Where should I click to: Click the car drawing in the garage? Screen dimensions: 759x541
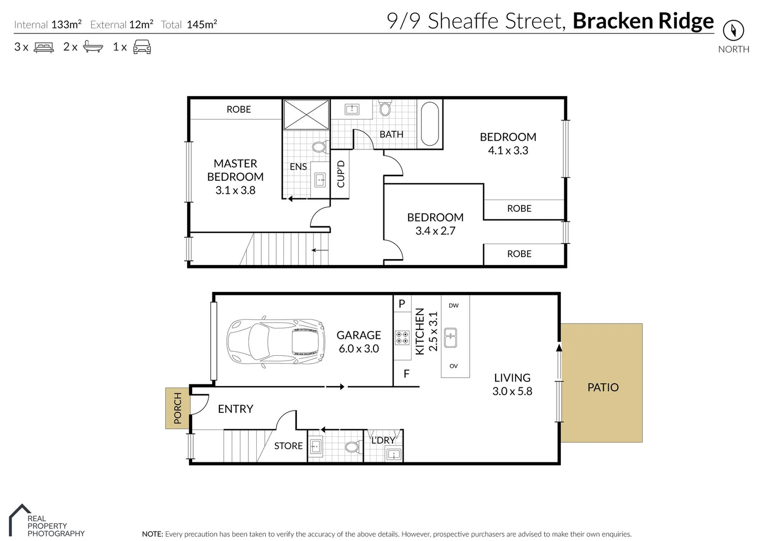tap(276, 342)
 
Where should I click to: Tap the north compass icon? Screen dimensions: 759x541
tap(733, 31)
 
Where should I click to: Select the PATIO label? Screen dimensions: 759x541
tap(603, 387)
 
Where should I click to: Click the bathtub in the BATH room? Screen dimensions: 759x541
tap(430, 124)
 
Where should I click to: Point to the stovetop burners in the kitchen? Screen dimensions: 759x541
tap(402, 338)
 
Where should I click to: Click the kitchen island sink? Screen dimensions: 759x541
tap(450, 338)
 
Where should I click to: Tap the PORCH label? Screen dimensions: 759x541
tap(178, 408)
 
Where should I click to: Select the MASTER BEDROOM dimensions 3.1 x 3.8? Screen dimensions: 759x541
tap(235, 190)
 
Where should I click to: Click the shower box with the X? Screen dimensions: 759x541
tap(306, 115)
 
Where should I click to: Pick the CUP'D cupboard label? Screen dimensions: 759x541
tap(340, 174)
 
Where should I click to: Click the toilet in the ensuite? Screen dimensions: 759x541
tap(320, 147)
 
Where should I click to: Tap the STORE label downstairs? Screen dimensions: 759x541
tap(288, 446)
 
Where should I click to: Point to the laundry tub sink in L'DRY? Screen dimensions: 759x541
tap(394, 454)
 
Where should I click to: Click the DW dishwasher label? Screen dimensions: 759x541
tap(454, 306)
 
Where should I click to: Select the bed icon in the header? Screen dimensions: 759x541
tap(44, 47)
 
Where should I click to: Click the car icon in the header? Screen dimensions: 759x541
tap(142, 47)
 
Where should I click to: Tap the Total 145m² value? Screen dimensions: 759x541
tap(202, 25)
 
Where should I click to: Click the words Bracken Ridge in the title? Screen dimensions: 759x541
tap(643, 21)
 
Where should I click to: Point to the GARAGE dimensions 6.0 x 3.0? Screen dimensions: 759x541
tap(359, 349)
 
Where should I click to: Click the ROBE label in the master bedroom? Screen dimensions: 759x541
tap(238, 109)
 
